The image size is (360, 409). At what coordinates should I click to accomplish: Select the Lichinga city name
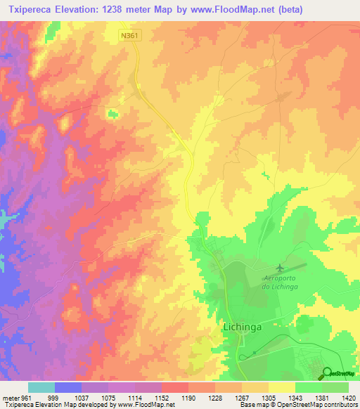pyautogui.click(x=240, y=327)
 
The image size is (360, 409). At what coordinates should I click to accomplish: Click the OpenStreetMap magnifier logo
pyautogui.click(x=326, y=373)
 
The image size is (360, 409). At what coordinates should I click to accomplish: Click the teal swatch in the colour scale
pyautogui.click(x=41, y=387)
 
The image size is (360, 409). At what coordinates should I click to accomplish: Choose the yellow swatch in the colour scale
pyautogui.click(x=281, y=387)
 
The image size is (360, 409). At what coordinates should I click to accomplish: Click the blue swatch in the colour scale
pyautogui.click(x=68, y=387)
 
